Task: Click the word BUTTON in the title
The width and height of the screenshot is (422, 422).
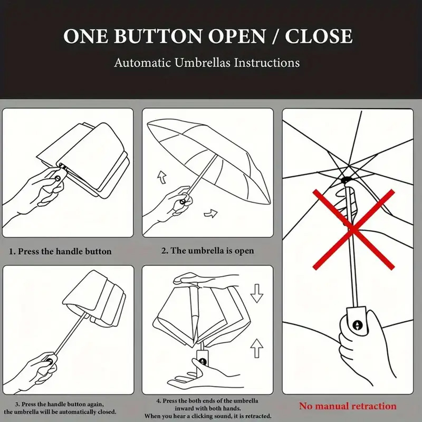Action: point(158,36)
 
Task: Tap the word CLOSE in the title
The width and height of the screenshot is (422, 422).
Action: point(319,36)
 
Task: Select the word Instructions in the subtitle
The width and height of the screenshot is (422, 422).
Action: point(267,63)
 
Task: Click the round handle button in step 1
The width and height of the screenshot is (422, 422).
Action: point(57,178)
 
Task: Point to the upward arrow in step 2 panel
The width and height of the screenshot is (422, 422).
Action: point(162,177)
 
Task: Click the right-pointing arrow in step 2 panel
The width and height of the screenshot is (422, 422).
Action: point(210,214)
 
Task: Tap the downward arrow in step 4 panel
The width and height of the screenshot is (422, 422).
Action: point(256,293)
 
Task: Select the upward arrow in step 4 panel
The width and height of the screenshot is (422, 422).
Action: point(256,348)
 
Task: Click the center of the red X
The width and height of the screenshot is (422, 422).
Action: point(353,229)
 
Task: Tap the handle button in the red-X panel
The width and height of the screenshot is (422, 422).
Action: point(358,325)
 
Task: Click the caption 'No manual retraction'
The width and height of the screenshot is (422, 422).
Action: point(348,406)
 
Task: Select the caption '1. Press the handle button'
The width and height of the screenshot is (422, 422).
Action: point(60,252)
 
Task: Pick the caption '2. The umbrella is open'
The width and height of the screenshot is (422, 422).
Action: point(207,251)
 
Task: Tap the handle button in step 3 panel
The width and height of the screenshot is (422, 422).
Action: point(49,361)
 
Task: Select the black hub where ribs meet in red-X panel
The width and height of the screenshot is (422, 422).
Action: point(346,180)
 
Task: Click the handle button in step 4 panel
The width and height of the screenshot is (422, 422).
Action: point(203,362)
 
